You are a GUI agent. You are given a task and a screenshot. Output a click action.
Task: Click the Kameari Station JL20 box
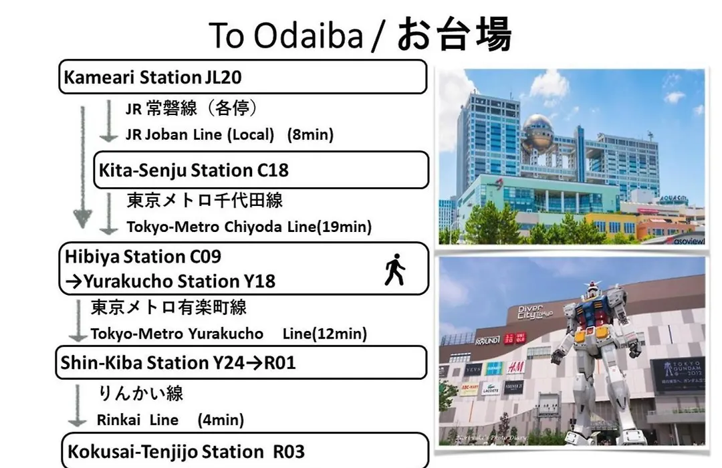tap(243, 77)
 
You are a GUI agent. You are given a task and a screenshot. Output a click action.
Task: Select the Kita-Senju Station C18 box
tap(261, 170)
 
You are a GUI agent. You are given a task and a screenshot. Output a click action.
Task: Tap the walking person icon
tap(394, 269)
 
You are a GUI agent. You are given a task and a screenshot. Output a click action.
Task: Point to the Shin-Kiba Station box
tap(241, 362)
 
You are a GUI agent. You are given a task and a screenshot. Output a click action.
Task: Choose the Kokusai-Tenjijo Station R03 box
tap(245, 451)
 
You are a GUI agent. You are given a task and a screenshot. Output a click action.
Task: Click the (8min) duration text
tap(310, 134)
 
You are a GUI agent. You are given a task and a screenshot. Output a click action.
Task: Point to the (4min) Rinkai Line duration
tap(221, 420)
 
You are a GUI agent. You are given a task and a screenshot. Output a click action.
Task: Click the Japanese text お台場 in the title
tap(454, 34)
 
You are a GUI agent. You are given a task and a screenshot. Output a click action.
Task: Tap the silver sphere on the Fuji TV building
tap(540, 130)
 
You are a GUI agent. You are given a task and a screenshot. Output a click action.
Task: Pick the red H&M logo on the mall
tap(516, 367)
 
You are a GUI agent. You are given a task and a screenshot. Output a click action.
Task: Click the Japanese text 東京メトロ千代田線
tap(205, 201)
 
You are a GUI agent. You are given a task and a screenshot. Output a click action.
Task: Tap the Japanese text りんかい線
tap(140, 393)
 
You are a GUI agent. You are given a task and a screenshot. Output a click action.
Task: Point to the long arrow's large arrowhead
tap(82, 219)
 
